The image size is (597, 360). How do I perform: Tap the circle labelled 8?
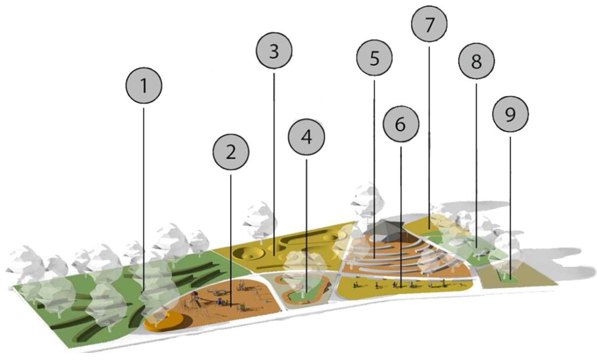[476, 61]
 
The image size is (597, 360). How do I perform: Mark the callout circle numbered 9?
[510, 114]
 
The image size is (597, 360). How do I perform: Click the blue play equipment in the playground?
[220, 302]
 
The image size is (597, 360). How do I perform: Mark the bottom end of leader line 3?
[274, 255]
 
